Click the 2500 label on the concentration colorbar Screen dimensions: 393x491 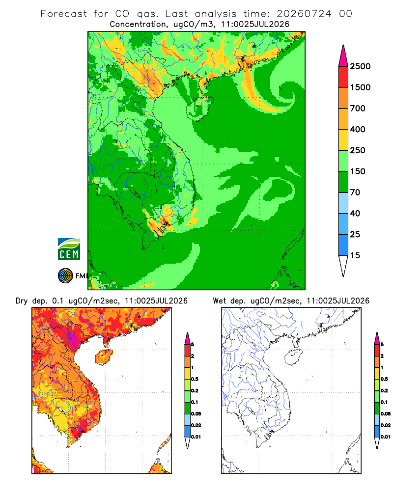[x=360, y=66]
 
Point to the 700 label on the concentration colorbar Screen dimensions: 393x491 [x=358, y=109]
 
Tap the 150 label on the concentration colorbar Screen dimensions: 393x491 [x=358, y=171]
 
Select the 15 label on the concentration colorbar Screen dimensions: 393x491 [x=355, y=255]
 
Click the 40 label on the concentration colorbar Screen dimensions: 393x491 [x=355, y=213]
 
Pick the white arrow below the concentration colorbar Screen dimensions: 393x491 [x=343, y=266]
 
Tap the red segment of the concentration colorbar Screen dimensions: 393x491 [x=343, y=77]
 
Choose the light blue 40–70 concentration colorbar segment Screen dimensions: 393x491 [x=343, y=203]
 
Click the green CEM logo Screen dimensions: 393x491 [x=69, y=249]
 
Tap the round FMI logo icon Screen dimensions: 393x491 [x=65, y=276]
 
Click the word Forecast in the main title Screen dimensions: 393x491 [x=64, y=14]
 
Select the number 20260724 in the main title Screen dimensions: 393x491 [x=304, y=14]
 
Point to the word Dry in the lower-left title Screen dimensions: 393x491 [x=22, y=301]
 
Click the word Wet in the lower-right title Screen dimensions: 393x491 [x=219, y=301]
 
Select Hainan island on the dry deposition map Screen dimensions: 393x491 [x=104, y=357]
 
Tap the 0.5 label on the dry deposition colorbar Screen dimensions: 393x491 [x=195, y=379]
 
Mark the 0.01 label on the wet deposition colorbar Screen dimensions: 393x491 [x=386, y=437]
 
